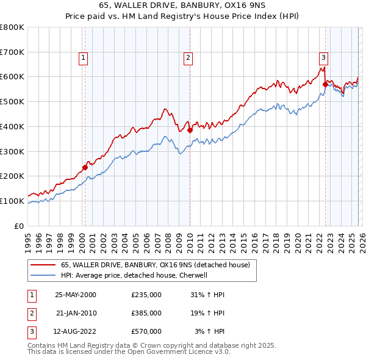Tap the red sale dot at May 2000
tap(85, 167)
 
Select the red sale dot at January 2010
tap(190, 130)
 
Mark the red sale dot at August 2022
tap(325, 85)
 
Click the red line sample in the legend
tap(44, 265)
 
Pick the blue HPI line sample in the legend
tap(44, 275)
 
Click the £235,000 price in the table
tap(146, 294)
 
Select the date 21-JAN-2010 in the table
tap(76, 312)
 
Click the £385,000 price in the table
tap(146, 312)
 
